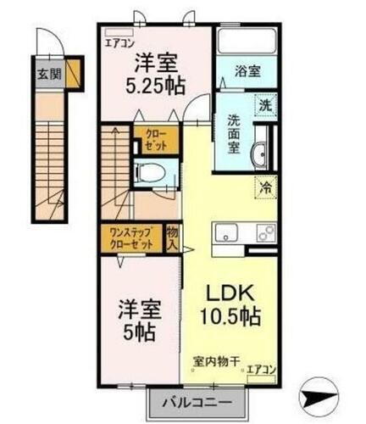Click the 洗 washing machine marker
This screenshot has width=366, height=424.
click(265, 106)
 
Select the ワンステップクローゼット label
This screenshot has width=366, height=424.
click(130, 237)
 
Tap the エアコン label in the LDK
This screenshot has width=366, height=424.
click(262, 370)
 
